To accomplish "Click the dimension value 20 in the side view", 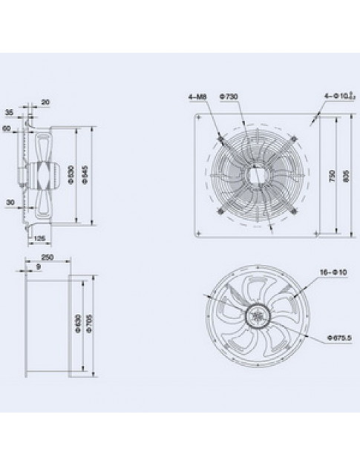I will pos(45,102).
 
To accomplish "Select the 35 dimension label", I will pos(9,113).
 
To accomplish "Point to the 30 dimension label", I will pos(9,201).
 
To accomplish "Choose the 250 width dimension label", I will pos(47,257).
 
